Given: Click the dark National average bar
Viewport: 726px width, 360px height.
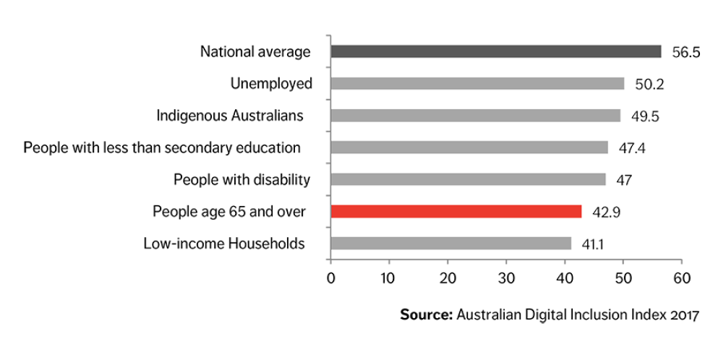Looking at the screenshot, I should pyautogui.click(x=496, y=51).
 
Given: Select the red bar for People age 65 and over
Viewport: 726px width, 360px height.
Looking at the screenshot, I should pyautogui.click(x=456, y=211).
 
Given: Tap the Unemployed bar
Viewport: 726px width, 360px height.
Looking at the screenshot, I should pyautogui.click(x=477, y=83).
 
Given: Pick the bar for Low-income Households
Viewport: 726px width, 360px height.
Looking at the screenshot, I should pyautogui.click(x=451, y=243).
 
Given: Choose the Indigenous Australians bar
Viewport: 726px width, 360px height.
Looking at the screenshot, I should pyautogui.click(x=476, y=116).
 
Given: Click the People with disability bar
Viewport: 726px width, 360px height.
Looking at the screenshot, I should pyautogui.click(x=469, y=179).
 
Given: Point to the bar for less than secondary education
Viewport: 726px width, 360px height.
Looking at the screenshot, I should pyautogui.click(x=469, y=147).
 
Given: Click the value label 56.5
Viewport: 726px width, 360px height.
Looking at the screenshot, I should pyautogui.click(x=686, y=53).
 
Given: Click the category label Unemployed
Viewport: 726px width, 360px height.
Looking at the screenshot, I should pyautogui.click(x=271, y=84).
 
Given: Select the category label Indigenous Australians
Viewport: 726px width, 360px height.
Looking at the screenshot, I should pyautogui.click(x=230, y=116).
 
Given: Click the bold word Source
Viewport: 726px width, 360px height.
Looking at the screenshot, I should pyautogui.click(x=426, y=315).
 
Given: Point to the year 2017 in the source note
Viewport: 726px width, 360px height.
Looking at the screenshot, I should pyautogui.click(x=685, y=315).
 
